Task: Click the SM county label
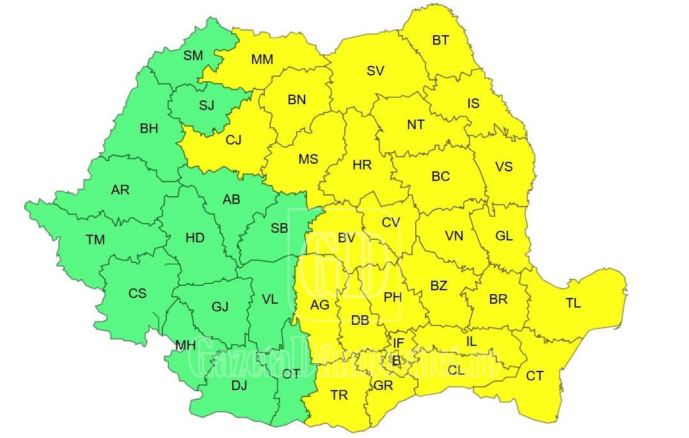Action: [x=193, y=56]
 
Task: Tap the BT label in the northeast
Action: [x=440, y=40]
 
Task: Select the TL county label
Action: [x=573, y=303]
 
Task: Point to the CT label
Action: [x=534, y=376]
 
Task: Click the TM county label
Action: [x=95, y=240]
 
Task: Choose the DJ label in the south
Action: [x=239, y=385]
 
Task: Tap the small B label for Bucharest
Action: [x=396, y=361]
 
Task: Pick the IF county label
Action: [x=398, y=343]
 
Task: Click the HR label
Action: [x=361, y=165]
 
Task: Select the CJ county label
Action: [x=234, y=140]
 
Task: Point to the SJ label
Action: [x=206, y=106]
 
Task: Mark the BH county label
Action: [x=148, y=129]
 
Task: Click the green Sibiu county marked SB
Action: [x=279, y=228]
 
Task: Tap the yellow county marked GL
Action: [x=503, y=235]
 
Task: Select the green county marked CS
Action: [x=137, y=293]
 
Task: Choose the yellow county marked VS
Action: [x=503, y=166]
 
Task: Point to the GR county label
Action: [x=383, y=386]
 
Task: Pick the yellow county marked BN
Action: [x=296, y=100]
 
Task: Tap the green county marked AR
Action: [x=120, y=190]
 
